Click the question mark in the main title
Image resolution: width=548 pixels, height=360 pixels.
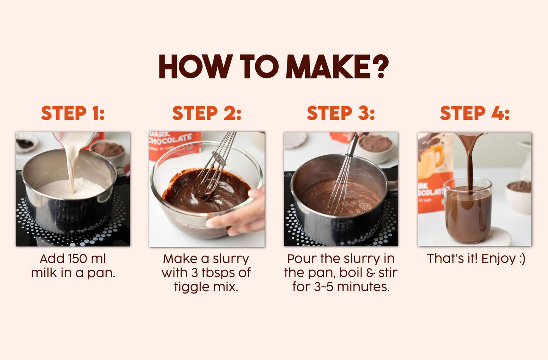[x=378, y=66]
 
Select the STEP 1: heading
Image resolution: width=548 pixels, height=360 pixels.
[x=73, y=113]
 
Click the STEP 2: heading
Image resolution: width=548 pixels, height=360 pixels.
[x=207, y=113]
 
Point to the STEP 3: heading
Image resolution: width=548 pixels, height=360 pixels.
[x=341, y=113]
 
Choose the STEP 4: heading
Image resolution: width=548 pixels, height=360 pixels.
[x=474, y=113]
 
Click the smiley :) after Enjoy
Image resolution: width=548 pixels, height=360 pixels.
[x=521, y=259]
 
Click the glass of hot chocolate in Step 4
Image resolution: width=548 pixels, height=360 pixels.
[x=468, y=212]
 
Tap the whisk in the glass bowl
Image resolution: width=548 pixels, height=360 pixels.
[x=214, y=167]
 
